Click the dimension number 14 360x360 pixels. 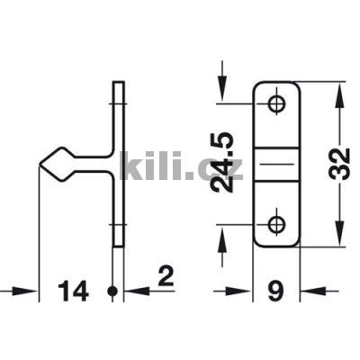click(x=74, y=291)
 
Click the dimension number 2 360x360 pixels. click(x=166, y=276)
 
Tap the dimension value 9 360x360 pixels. click(x=276, y=291)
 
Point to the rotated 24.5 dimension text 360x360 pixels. click(x=222, y=162)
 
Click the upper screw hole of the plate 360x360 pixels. click(x=276, y=104)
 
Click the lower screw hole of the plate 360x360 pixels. click(x=276, y=224)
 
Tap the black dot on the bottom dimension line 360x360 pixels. click(x=112, y=291)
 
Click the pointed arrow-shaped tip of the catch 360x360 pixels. click(x=40, y=164)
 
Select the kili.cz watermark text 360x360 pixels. click(x=181, y=166)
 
